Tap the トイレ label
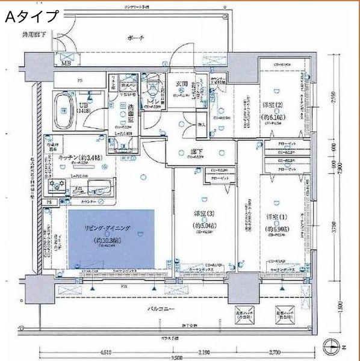pos(152,102)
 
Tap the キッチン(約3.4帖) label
pos(75,157)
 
